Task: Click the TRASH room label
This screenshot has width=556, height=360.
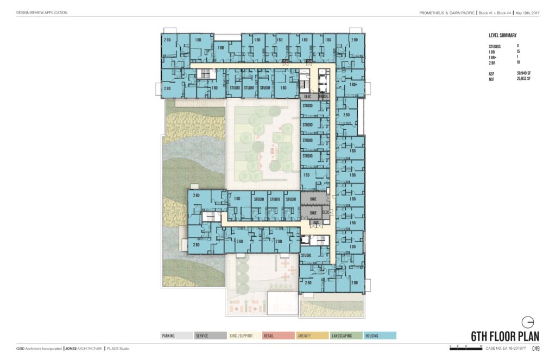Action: coord(324,97)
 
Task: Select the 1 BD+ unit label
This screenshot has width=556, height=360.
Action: coord(354,85)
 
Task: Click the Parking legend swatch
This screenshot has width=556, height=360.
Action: coord(176,336)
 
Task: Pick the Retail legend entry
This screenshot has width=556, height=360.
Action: coord(278,336)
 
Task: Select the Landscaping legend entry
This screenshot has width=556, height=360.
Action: coord(346,336)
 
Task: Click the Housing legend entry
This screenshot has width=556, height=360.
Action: coord(380,336)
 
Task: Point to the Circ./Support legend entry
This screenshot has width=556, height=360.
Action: coord(244,336)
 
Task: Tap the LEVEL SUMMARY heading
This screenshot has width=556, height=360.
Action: coord(502,35)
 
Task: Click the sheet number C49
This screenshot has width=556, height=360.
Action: coord(535,348)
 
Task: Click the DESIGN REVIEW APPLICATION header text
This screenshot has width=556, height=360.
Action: coord(42,13)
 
